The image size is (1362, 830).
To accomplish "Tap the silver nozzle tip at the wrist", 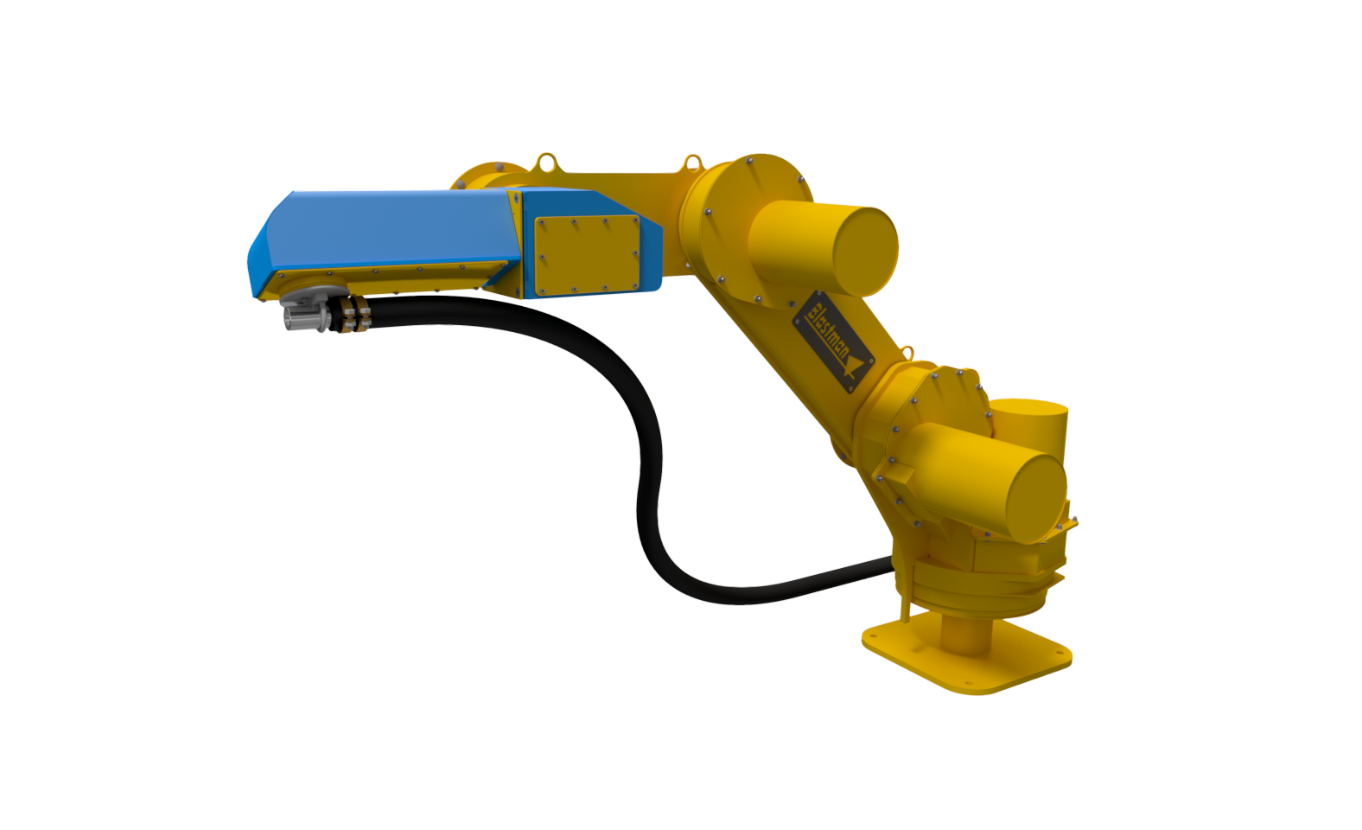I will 297,318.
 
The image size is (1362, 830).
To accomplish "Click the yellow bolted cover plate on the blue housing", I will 588,254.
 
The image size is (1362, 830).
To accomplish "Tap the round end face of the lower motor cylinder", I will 1034,493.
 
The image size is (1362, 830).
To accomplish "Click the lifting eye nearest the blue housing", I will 546,162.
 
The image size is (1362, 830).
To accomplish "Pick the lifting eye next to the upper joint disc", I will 692,162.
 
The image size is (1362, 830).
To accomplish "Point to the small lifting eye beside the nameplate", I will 907,353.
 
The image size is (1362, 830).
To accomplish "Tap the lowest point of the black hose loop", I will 735,597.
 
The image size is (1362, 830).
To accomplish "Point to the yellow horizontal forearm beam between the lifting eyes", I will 618,184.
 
